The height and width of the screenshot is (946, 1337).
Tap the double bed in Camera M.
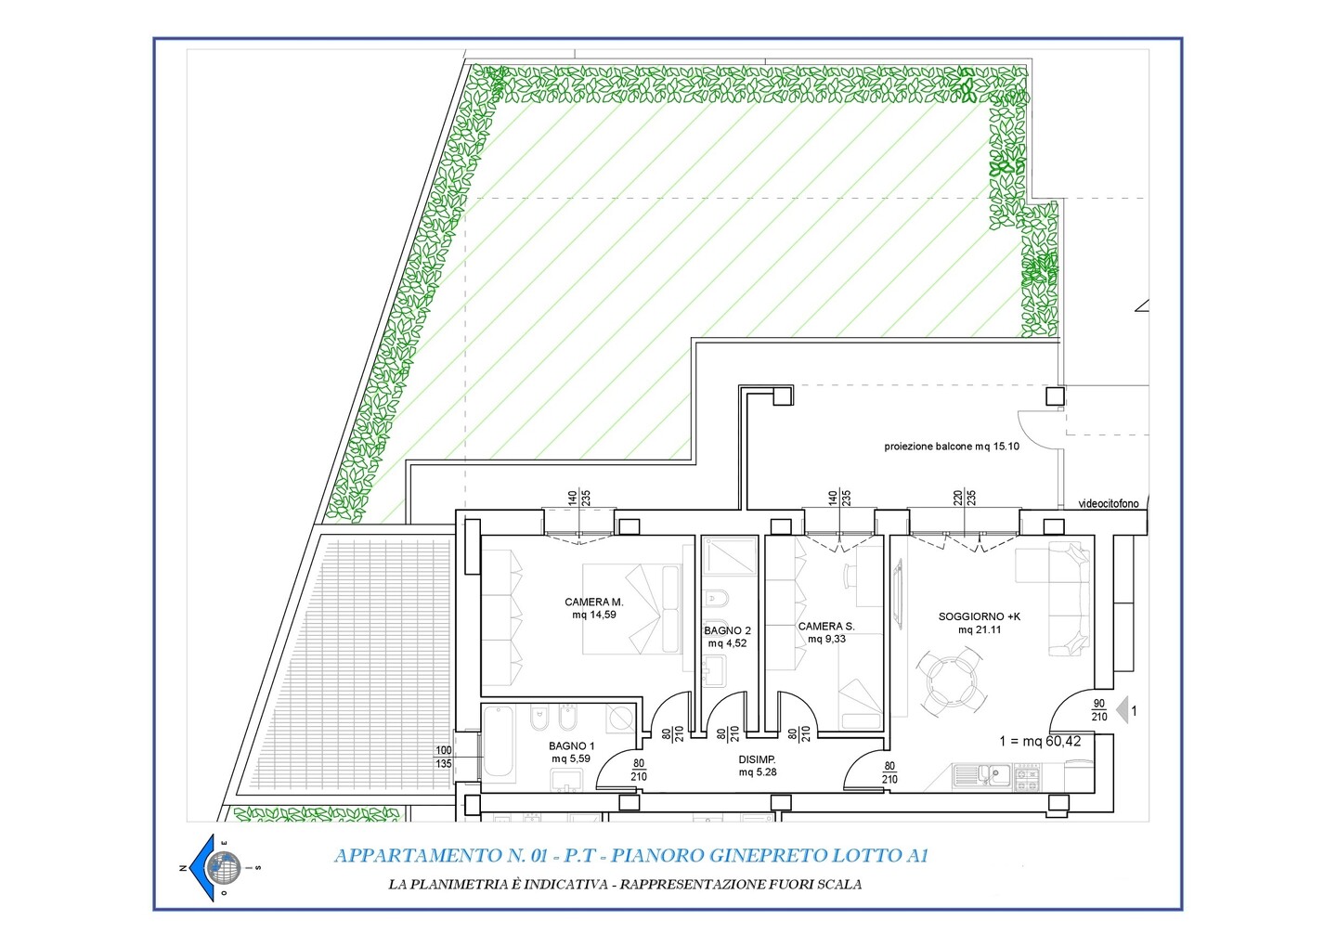coord(632,609)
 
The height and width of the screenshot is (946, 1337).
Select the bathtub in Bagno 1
coord(499,744)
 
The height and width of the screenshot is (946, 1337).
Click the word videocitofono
coord(1109,504)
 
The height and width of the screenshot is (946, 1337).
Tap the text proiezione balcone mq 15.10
coord(952,447)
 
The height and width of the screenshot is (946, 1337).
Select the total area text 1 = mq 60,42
coord(1040,741)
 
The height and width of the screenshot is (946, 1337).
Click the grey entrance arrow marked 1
coord(1122,711)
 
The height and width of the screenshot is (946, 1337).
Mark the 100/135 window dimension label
coord(444,757)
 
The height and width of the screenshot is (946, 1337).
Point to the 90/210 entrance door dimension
coord(1099,709)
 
